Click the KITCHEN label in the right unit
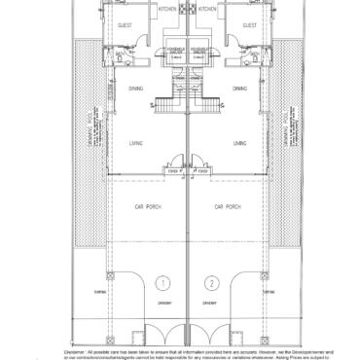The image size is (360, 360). point(207,9)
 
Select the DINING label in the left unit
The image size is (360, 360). point(134,89)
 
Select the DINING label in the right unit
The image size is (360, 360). point(239,89)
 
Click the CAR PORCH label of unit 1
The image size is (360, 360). point(146,206)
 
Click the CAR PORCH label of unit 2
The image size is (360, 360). point(226,206)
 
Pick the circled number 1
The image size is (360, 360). point(162,283)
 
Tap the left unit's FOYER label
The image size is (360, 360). point(173,171)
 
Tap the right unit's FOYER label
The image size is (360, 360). point(199,171)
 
